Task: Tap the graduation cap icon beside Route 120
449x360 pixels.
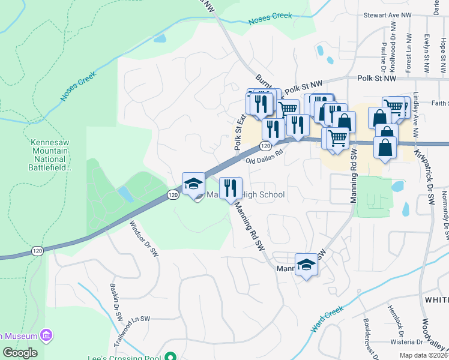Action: pos(193,185)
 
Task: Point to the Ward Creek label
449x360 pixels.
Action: pos(327,319)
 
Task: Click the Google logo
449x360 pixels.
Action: pos(20,353)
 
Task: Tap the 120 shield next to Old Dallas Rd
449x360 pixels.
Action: pos(265,146)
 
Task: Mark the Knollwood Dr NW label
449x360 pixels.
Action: pos(394,52)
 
